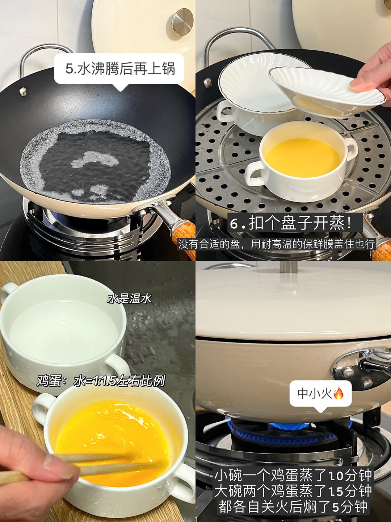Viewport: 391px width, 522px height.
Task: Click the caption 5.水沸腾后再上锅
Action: tap(120, 69)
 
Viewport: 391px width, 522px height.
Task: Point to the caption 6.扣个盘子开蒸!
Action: tap(295, 223)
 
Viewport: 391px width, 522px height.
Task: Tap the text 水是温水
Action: tap(129, 299)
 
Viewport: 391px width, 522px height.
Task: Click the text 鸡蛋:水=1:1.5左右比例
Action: tap(101, 381)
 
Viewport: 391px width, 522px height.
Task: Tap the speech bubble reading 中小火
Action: tap(320, 394)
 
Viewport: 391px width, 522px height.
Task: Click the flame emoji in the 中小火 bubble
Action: tap(339, 393)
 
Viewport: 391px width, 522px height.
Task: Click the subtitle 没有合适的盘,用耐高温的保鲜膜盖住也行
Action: tap(276, 244)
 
